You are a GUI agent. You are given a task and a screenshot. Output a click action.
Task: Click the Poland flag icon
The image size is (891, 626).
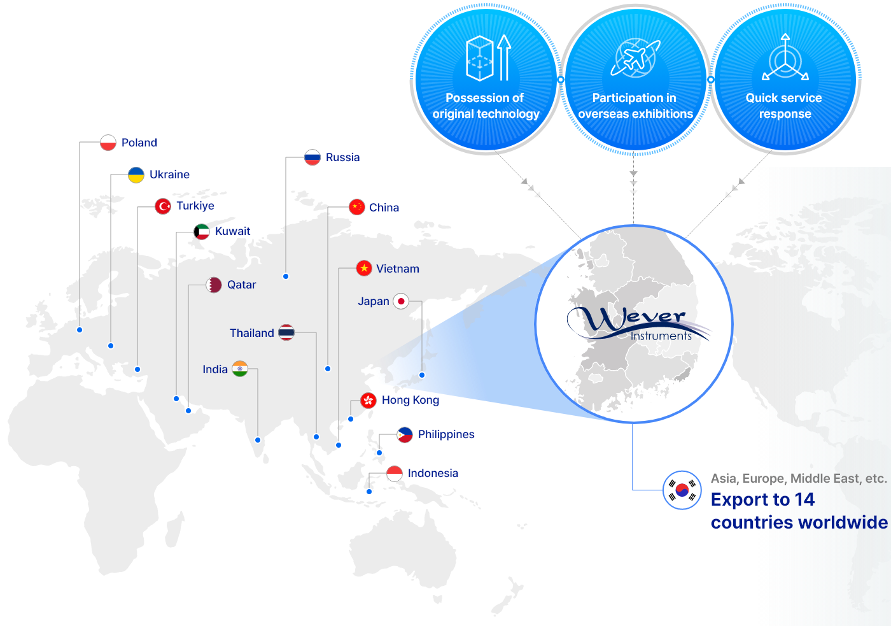108,143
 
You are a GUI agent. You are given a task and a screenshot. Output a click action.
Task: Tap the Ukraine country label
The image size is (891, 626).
169,174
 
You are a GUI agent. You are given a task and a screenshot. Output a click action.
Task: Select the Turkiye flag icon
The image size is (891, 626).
163,206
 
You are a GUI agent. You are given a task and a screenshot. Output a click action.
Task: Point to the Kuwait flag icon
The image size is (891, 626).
202,232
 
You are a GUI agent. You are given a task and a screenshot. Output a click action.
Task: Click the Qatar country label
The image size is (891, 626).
241,285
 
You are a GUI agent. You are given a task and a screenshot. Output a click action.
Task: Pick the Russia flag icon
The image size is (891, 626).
312,157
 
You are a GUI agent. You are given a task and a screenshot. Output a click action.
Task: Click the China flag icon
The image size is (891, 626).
357,207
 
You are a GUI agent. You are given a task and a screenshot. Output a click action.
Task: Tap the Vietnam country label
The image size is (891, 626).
398,269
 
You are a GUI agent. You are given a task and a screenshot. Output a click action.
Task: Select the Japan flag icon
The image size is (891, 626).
401,301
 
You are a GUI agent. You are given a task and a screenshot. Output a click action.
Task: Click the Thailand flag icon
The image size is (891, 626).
286,332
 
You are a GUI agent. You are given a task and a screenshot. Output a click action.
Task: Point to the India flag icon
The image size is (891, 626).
240,369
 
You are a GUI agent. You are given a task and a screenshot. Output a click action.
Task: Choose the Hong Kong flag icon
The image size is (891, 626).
368,401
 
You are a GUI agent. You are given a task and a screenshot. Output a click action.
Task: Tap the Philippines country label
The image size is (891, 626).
446,434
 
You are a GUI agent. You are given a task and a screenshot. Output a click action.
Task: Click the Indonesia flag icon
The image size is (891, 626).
395,474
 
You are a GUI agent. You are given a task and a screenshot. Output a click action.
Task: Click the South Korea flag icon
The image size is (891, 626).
682,490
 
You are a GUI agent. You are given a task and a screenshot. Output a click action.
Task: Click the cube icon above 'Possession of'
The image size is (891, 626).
480,58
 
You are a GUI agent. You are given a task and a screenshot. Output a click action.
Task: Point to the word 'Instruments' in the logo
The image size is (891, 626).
661,336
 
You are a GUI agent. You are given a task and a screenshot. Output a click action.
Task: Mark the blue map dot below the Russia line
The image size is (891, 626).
286,276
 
